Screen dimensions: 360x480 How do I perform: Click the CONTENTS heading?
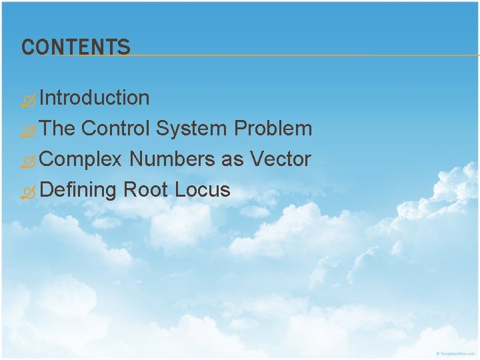(x=76, y=47)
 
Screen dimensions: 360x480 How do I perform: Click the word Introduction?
(x=94, y=98)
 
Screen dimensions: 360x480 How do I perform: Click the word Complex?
(x=81, y=159)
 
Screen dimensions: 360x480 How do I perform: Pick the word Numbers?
(x=172, y=159)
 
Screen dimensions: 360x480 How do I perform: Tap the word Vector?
(x=281, y=159)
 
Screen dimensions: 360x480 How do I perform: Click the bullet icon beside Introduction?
(x=28, y=101)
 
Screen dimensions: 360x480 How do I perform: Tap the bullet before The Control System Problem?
(x=28, y=132)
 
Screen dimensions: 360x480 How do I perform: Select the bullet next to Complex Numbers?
(x=28, y=163)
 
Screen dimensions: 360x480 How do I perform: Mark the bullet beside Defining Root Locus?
(x=28, y=193)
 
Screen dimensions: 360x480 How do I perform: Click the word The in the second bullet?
(x=57, y=129)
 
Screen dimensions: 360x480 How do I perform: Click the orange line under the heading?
(x=300, y=55)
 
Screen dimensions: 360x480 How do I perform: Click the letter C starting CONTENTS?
(x=27, y=47)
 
